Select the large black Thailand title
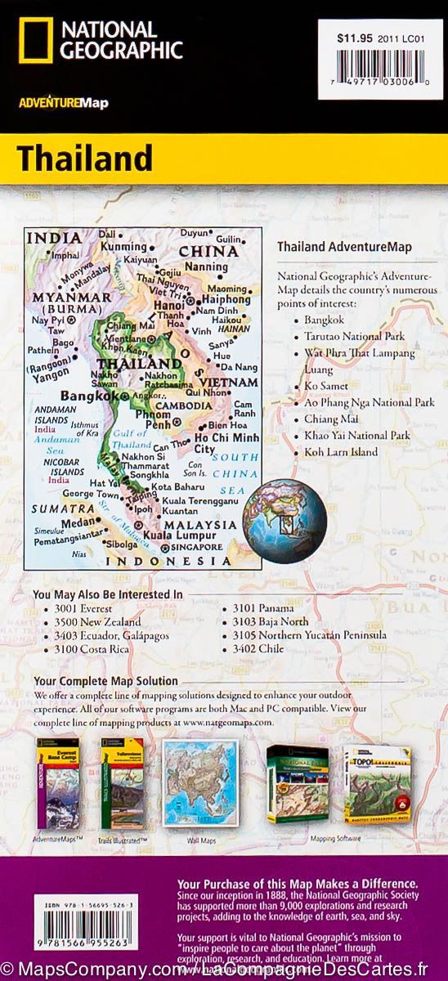[73, 157]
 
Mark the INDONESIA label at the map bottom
[169, 562]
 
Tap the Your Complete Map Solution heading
[105, 680]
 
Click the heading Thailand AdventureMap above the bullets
[344, 246]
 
